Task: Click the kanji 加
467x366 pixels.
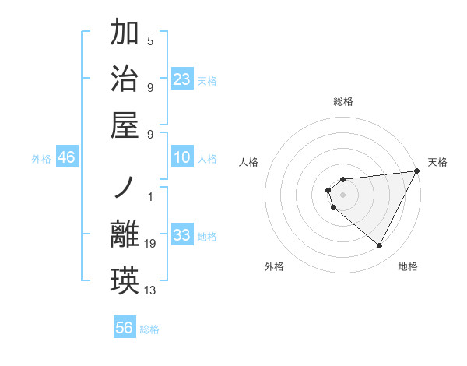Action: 126,33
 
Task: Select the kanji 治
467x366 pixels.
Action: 126,78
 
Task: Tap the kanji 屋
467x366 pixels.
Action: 126,122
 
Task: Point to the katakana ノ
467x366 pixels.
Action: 126,189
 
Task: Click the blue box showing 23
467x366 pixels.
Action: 182,79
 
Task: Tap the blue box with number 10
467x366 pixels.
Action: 182,157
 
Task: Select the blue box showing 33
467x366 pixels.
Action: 182,235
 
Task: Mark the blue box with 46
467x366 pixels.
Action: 67,157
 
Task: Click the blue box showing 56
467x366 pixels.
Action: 125,328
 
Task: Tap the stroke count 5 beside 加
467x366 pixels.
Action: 150,41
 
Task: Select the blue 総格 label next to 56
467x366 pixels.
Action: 149,329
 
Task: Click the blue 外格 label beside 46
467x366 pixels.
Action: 41,159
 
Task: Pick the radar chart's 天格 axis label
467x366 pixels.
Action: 437,162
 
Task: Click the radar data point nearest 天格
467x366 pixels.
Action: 417,171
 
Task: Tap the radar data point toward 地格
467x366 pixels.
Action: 380,246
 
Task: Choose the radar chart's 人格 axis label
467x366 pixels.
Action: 249,162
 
